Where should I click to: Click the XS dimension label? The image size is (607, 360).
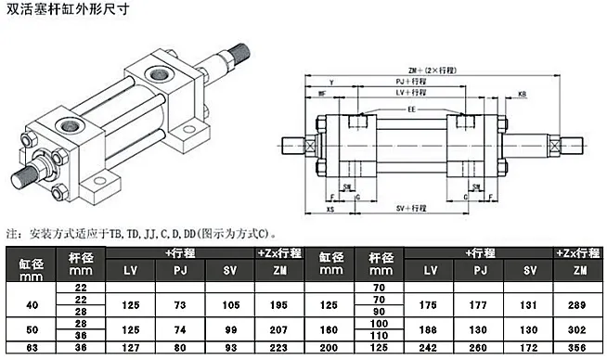tap(330, 211)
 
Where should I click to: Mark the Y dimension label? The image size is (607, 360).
tap(331, 83)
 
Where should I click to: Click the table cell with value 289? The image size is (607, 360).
tap(579, 303)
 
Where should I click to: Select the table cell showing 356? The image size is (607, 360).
tap(579, 349)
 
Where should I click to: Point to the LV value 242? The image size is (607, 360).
tap(430, 349)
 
